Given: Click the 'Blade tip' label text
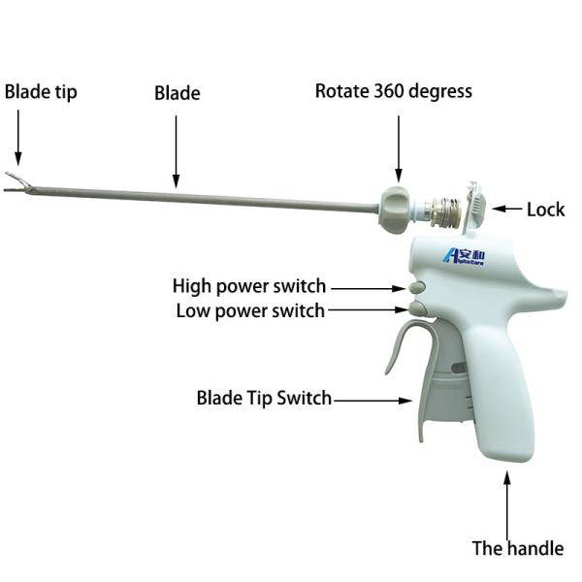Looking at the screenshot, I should coord(41,92).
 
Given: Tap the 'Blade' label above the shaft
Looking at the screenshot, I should coord(177,93).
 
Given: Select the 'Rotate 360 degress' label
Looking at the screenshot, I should coord(394,91).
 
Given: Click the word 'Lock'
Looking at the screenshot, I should coord(545,209).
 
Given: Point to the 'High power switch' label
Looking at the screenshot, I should coord(249,286).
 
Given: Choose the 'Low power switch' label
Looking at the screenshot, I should coord(250,311).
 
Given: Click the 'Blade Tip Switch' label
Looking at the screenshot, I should coord(264,398).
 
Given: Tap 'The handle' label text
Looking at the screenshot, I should coord(517,548).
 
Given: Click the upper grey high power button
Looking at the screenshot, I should coord(417,288).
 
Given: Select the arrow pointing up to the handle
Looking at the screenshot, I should coord(507,499).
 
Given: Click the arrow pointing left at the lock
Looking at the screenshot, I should coord(507,209).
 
